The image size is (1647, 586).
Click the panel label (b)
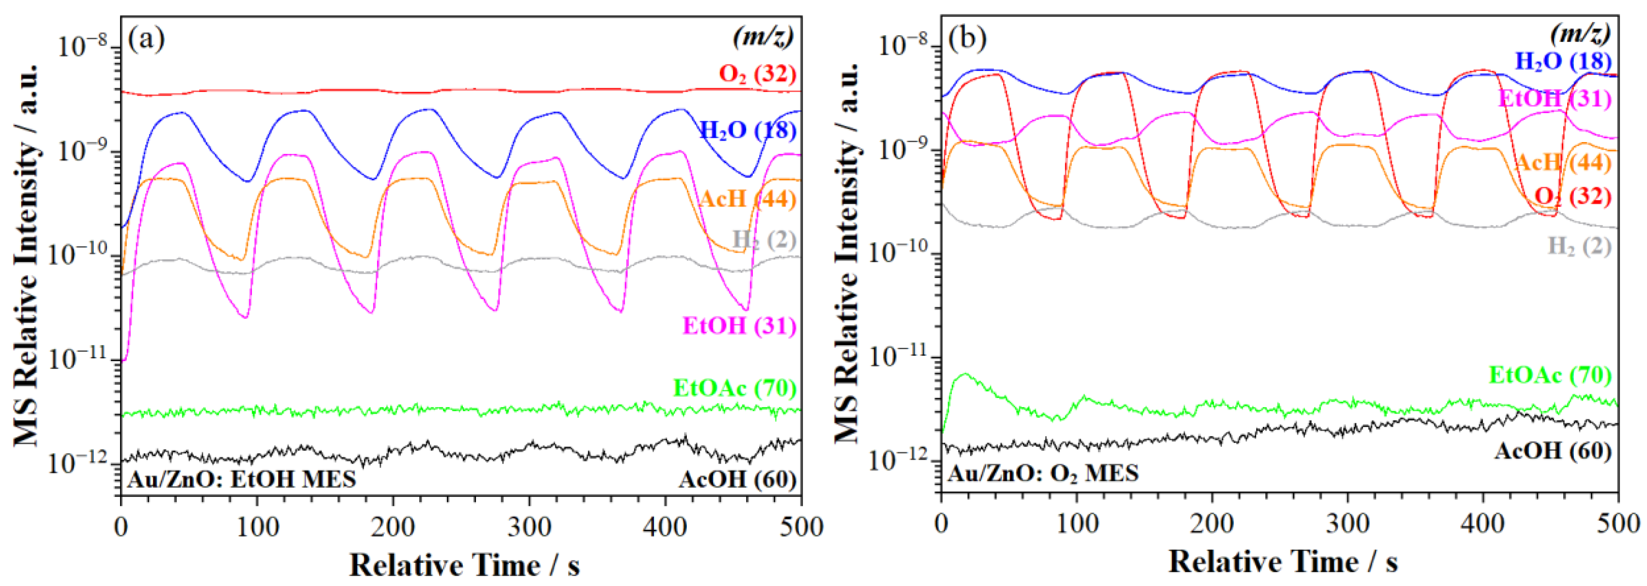(x=967, y=39)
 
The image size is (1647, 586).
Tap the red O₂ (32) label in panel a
(x=757, y=74)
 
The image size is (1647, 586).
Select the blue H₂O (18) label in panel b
(x=1563, y=61)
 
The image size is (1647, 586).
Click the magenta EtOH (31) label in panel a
(x=740, y=326)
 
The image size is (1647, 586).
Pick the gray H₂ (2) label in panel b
(x=1579, y=246)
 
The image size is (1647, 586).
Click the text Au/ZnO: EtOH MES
(x=242, y=479)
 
